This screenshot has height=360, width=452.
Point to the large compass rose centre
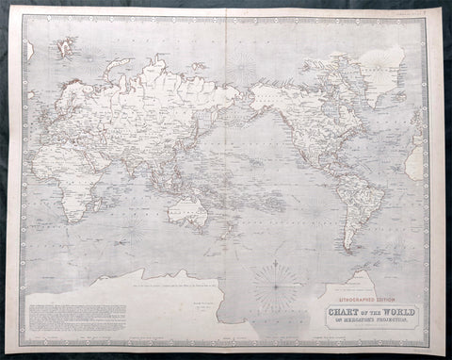tap(280, 280)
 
